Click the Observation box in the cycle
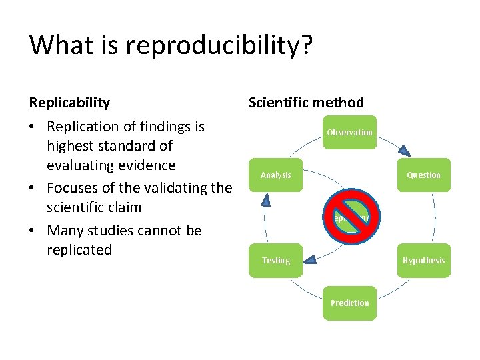(349, 132)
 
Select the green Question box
(424, 175)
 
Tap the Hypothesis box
(424, 260)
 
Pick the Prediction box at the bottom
(349, 303)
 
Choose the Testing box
(275, 260)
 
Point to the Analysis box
(275, 175)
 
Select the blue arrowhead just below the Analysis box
(265, 199)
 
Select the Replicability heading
(69, 102)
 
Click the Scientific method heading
(306, 102)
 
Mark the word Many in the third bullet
(64, 231)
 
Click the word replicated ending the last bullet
(79, 250)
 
